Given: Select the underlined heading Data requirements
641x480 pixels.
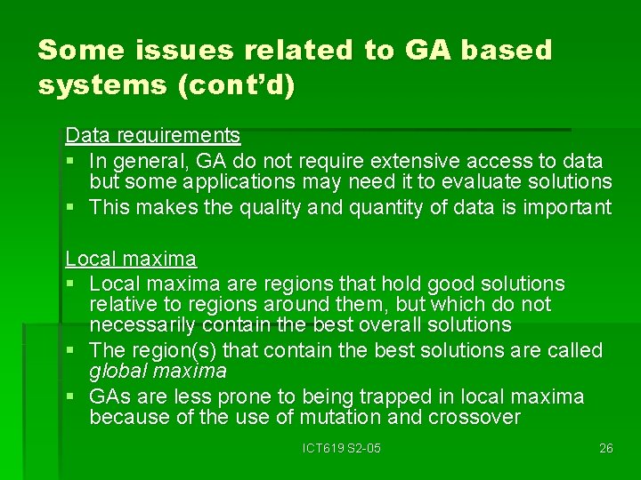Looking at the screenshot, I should coord(153,135).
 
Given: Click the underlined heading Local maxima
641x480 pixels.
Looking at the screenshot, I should coord(131,260).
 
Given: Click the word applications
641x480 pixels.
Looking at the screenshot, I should coord(239,181).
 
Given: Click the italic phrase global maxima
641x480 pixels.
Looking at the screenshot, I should coord(158,370).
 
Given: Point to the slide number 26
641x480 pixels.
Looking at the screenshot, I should coord(605,448).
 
